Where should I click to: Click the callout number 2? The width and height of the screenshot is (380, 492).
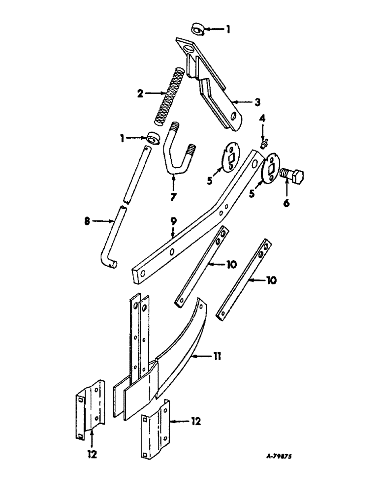(140, 92)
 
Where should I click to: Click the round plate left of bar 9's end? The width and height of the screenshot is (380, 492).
(227, 157)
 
